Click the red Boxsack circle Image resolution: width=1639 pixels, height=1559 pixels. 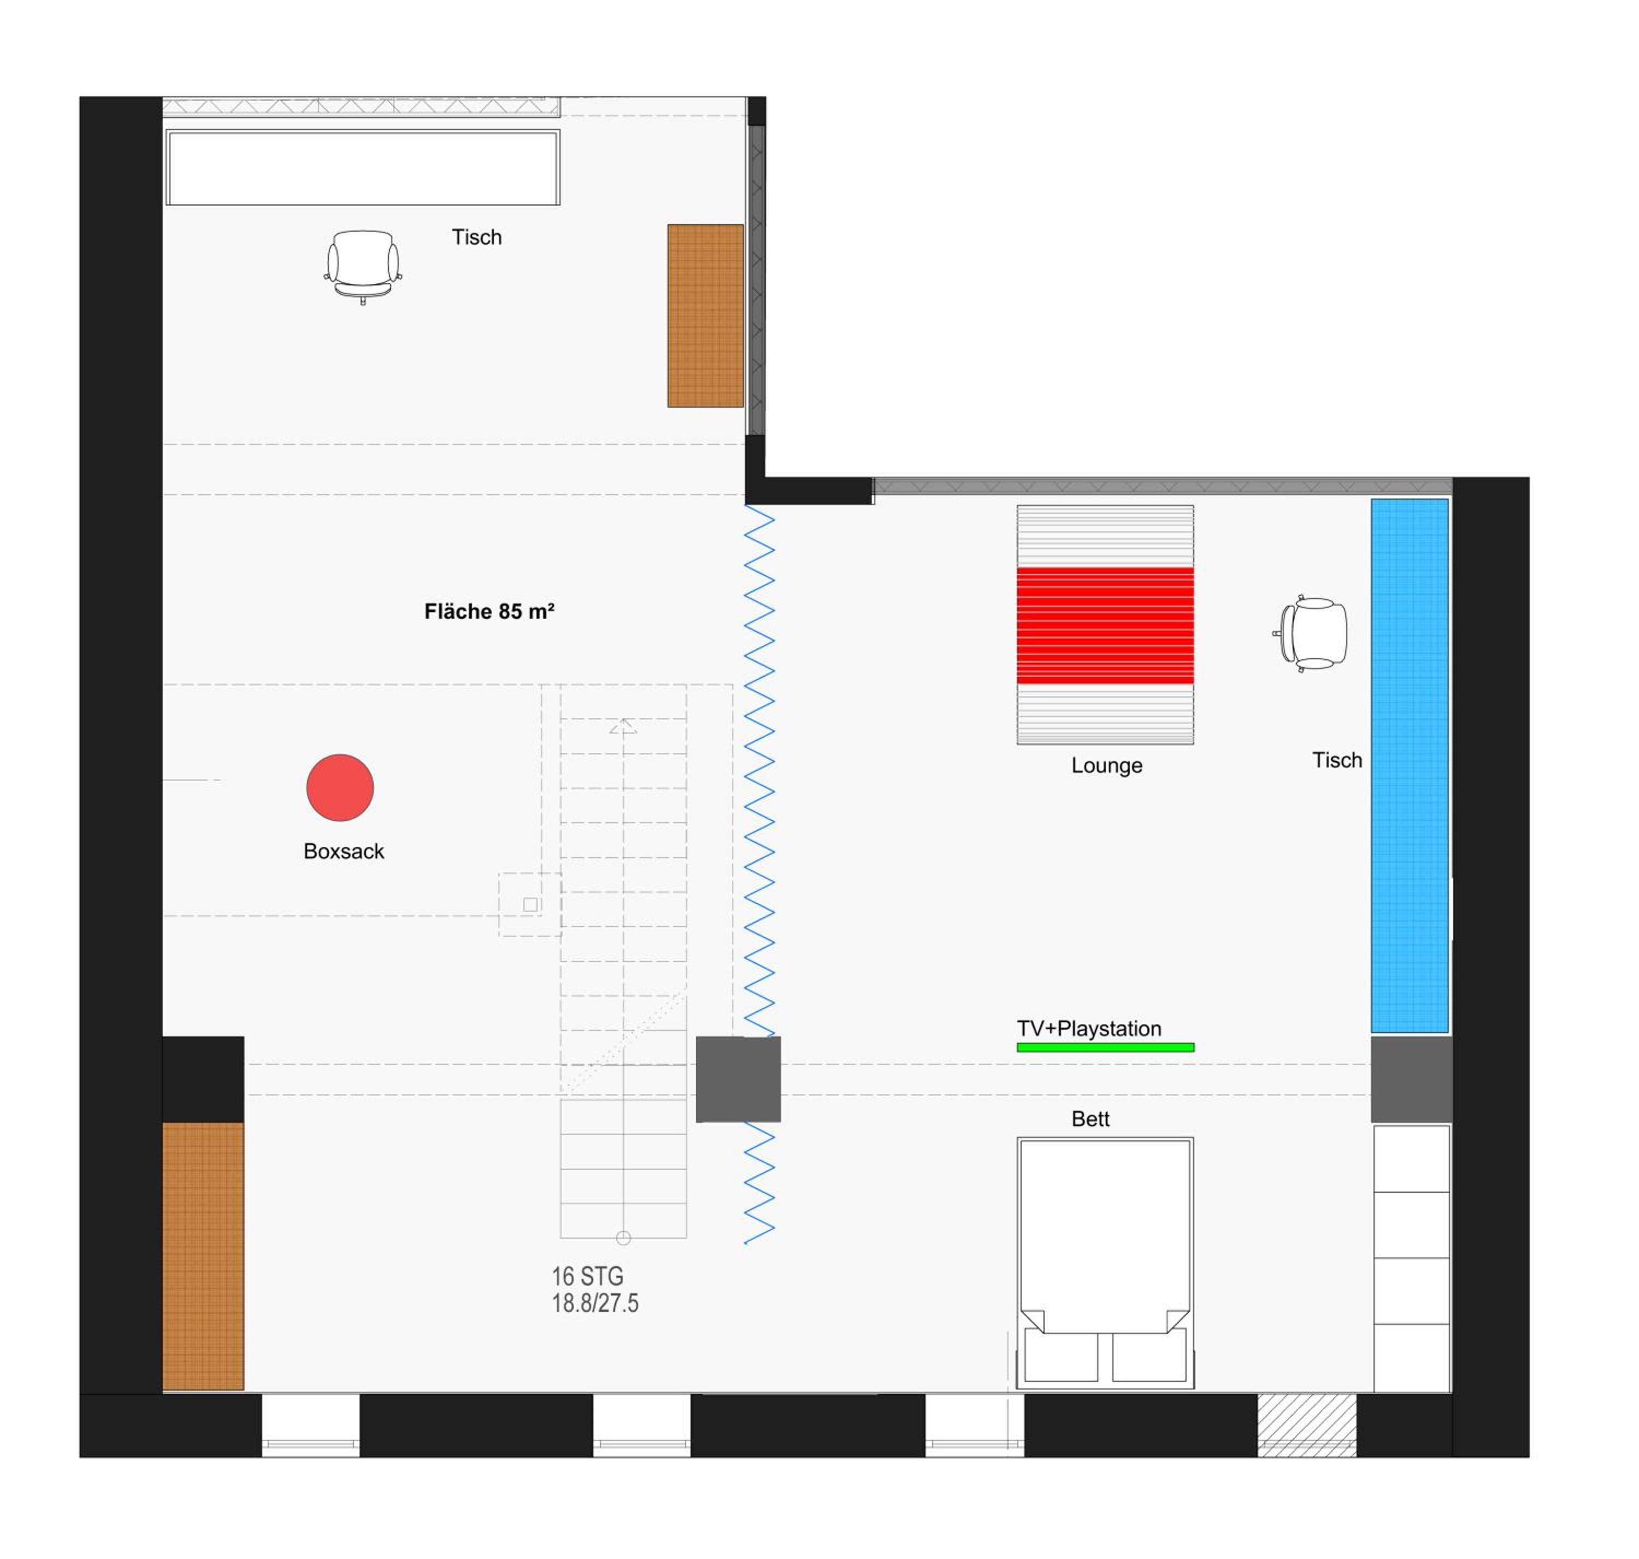point(340,787)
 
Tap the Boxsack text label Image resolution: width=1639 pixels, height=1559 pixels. point(343,851)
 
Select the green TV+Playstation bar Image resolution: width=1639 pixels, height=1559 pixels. point(1105,1047)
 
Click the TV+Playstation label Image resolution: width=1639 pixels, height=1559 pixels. point(1089,1028)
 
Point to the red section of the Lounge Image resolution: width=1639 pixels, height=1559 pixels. point(1105,626)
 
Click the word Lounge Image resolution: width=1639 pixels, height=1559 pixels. point(1106,765)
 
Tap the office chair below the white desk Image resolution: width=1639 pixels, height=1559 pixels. point(362,266)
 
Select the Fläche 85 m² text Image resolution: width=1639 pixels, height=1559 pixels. point(490,612)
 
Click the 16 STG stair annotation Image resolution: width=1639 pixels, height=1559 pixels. point(587,1276)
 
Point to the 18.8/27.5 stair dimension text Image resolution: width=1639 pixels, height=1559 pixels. point(595,1303)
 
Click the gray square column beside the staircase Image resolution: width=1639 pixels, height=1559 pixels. point(738,1079)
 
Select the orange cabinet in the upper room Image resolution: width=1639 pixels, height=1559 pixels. point(705,316)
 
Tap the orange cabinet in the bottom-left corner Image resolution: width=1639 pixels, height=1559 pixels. point(203,1256)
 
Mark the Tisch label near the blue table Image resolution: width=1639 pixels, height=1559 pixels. point(1337,760)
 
